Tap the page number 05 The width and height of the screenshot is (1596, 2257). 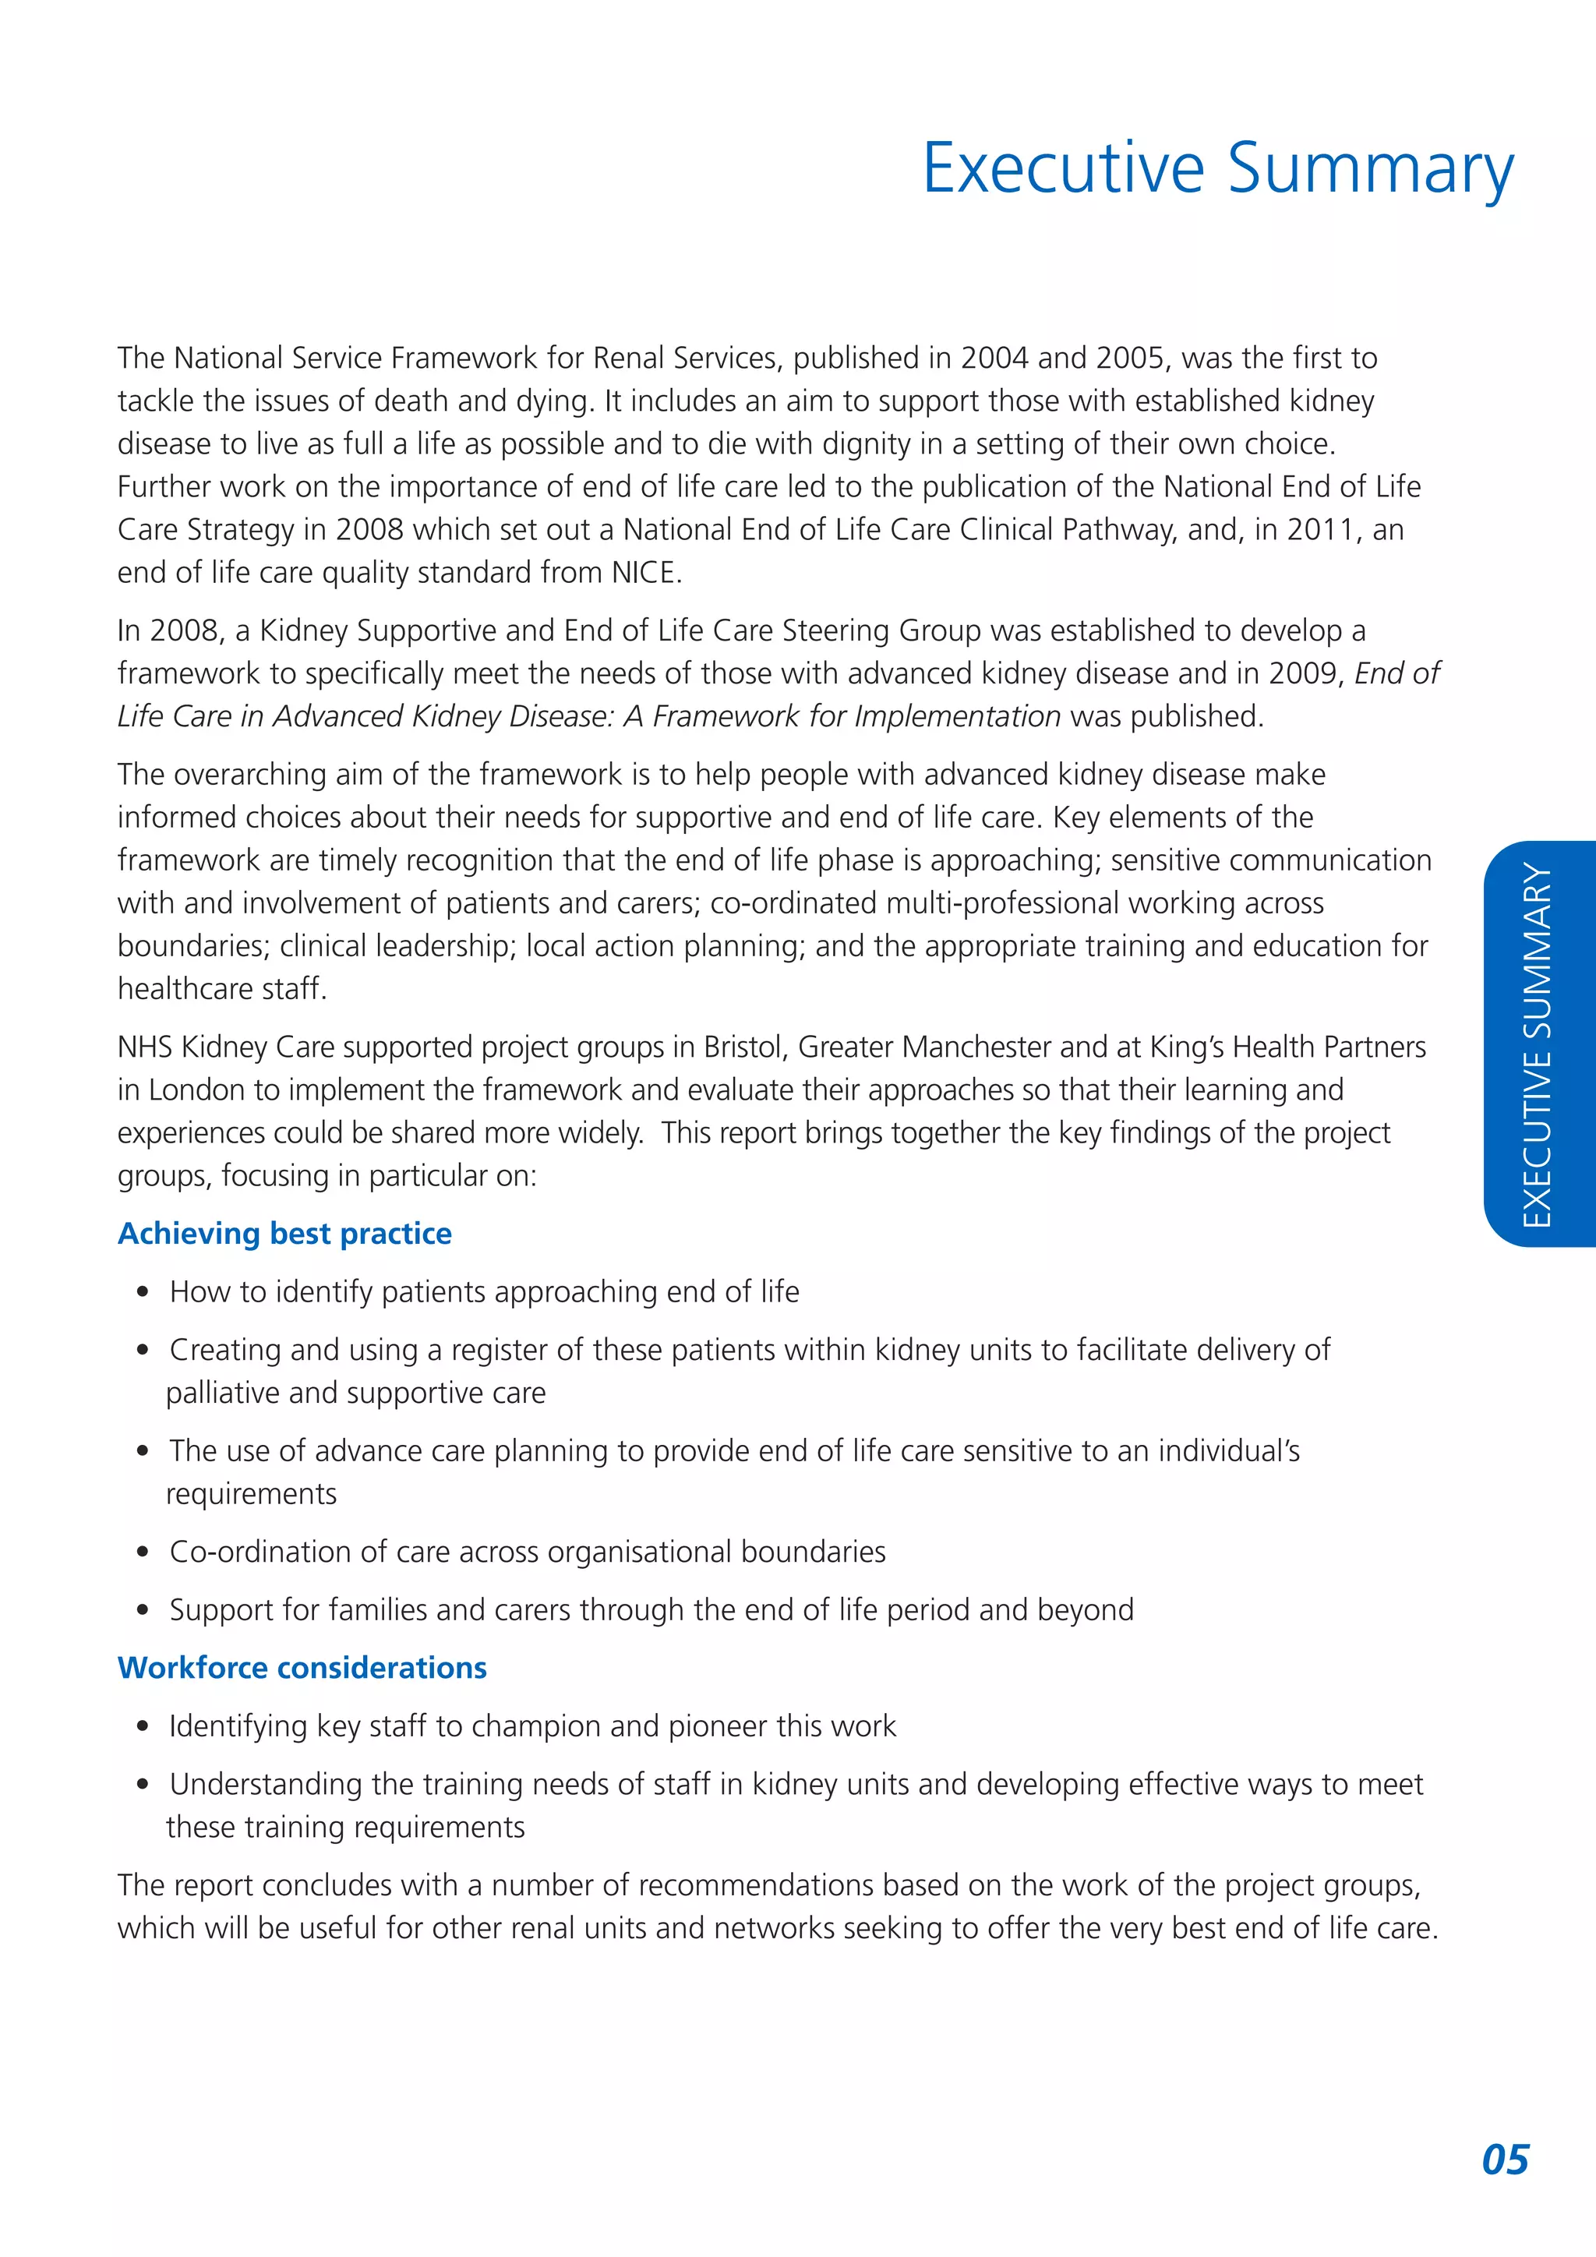point(1505,2160)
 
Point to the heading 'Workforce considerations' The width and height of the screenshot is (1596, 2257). point(302,1668)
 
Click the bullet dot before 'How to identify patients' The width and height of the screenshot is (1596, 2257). point(143,1293)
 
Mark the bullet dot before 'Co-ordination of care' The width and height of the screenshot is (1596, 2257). point(143,1552)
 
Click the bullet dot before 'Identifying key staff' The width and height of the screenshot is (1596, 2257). point(143,1727)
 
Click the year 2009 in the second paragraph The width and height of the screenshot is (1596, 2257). point(1306,674)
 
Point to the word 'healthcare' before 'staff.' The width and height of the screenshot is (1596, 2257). point(168,989)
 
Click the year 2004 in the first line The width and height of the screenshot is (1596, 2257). point(994,359)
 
